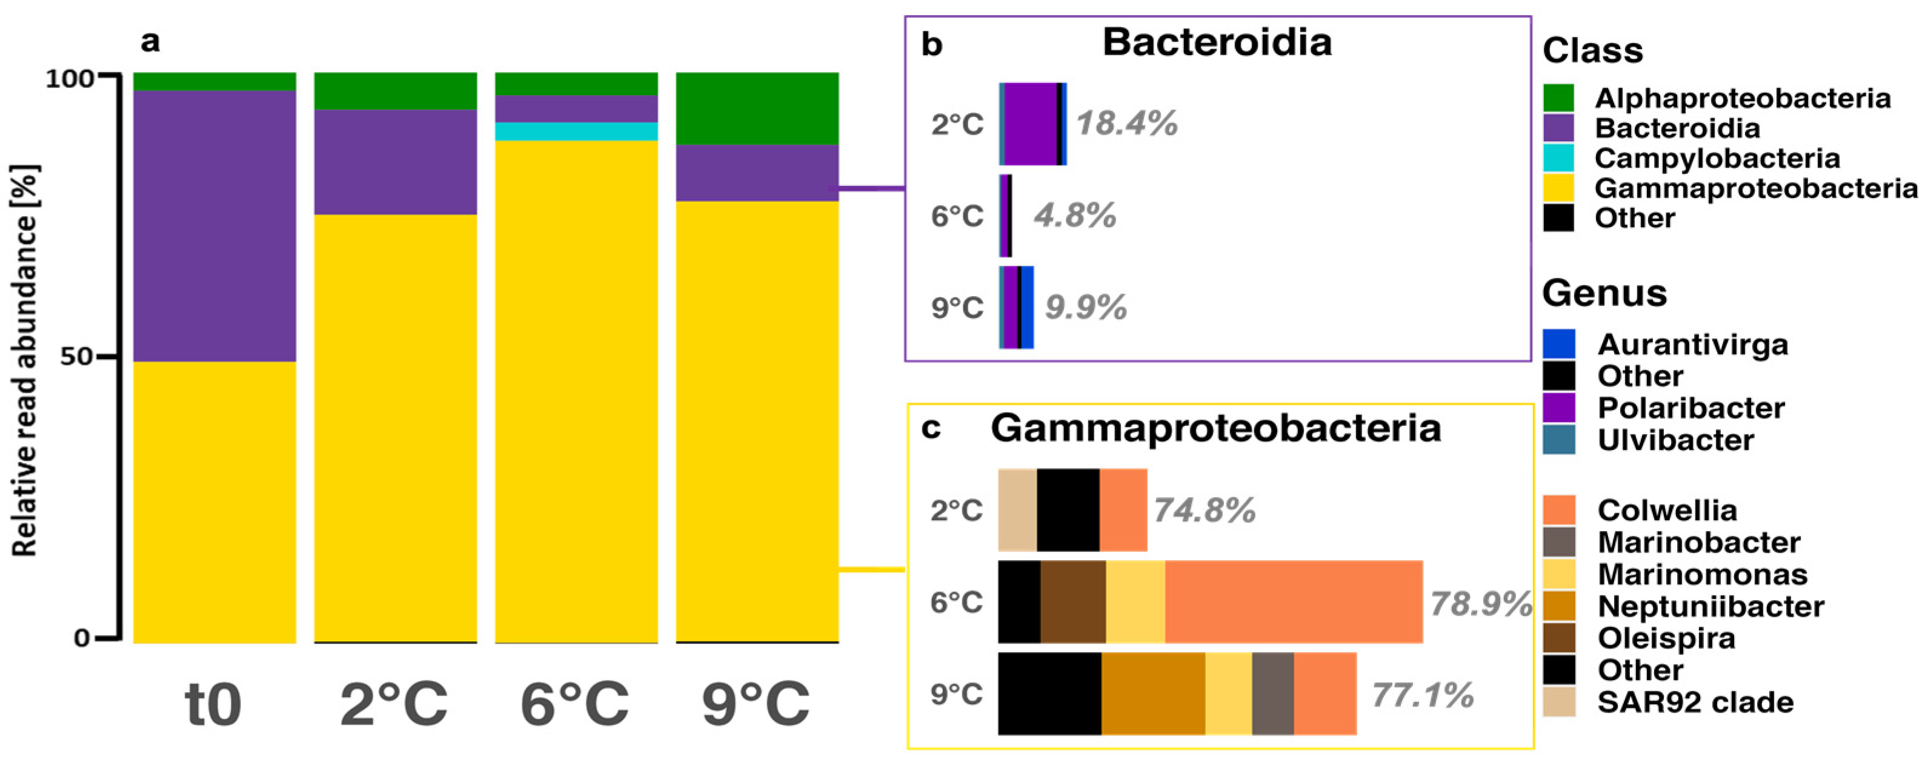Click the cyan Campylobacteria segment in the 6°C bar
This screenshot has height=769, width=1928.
point(576,131)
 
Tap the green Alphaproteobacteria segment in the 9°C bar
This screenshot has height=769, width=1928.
point(757,108)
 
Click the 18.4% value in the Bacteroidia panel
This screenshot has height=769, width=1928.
point(1126,124)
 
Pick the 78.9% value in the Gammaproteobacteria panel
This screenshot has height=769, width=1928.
point(1480,604)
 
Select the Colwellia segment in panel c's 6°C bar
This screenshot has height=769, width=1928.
point(1294,601)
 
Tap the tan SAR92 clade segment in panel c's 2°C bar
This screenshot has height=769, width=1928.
point(1017,510)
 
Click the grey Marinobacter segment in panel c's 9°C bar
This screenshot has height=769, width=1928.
point(1272,693)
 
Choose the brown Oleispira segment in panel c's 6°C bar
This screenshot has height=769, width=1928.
point(1072,601)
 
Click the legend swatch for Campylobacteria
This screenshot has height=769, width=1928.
point(1558,158)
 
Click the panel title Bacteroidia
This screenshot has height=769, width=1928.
point(1217,42)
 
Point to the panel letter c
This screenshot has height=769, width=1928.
point(930,428)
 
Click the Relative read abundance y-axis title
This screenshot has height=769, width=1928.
point(25,360)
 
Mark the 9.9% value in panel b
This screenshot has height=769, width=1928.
point(1085,308)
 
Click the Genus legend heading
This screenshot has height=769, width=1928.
point(1604,292)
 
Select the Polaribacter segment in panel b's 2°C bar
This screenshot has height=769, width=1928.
point(1030,124)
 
